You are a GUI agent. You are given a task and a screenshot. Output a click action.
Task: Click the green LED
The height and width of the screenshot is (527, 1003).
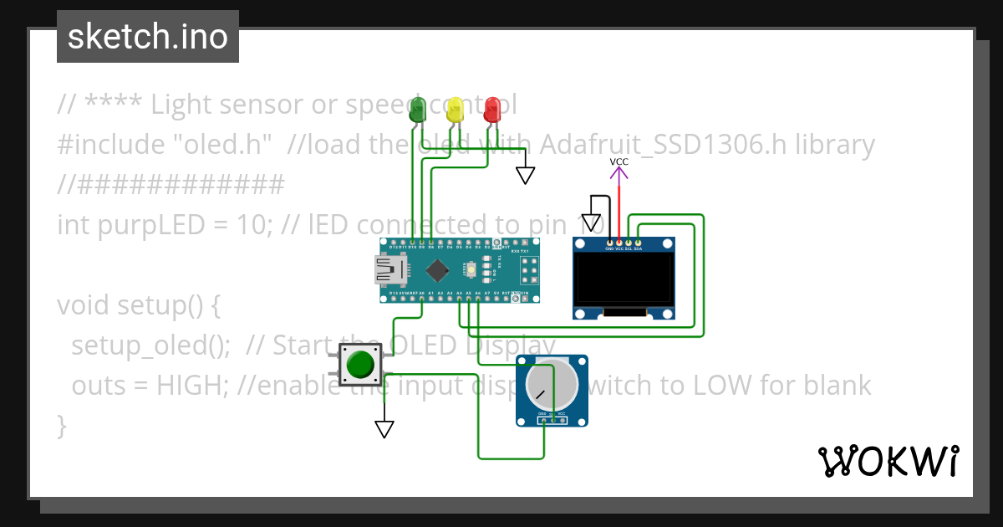417,110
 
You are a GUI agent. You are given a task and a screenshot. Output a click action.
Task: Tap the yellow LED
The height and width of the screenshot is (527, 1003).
455,110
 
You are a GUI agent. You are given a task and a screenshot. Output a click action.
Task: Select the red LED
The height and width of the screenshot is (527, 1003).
492,110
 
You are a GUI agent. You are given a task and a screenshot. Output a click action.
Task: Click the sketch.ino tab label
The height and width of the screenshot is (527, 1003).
148,37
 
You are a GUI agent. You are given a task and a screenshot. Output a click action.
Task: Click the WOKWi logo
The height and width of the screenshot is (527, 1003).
888,461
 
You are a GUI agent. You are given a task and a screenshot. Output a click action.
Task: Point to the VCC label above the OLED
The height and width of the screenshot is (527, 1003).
619,161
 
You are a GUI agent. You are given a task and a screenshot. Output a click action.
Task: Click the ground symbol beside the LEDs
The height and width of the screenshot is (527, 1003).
525,175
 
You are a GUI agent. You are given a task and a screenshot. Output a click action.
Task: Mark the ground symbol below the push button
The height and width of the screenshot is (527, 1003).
384,428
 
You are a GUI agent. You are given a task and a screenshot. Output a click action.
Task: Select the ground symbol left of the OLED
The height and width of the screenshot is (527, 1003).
592,223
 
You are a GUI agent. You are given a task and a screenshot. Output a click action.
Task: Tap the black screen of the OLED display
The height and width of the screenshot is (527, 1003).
624,280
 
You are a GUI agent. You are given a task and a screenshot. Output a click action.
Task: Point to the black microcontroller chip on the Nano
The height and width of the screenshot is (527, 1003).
437,270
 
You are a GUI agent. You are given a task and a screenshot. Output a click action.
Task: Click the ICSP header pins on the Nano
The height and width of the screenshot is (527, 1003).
529,270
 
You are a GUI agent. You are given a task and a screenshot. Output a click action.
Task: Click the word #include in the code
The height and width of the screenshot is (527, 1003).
111,145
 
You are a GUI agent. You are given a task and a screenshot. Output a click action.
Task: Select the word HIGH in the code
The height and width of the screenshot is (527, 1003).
196,386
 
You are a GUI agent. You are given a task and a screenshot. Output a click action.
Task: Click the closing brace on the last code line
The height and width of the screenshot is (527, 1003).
61,425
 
